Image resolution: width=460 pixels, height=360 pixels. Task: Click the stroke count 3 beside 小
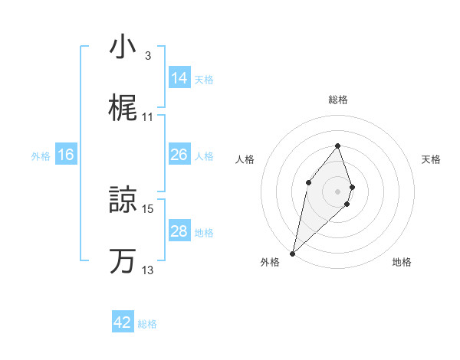(148, 56)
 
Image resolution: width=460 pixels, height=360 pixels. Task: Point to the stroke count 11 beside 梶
(148, 117)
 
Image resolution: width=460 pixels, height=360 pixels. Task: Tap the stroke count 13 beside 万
(148, 270)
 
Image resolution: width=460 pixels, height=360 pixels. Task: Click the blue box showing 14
(179, 78)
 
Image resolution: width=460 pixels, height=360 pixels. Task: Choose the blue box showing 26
(179, 155)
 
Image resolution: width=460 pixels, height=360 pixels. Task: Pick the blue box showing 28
(179, 231)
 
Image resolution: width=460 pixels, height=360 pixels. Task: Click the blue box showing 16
(66, 155)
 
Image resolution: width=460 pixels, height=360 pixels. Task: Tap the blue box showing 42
(123, 322)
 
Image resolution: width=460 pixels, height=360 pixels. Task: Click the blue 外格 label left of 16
(41, 155)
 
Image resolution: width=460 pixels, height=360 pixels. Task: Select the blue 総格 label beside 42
(147, 324)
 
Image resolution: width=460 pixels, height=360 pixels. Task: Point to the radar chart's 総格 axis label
(338, 100)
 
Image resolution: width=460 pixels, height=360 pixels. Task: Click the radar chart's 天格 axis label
(432, 159)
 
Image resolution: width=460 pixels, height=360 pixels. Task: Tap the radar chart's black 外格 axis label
(270, 262)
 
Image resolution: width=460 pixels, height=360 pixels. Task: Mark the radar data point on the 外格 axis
(292, 253)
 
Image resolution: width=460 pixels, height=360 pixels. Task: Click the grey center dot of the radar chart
(338, 191)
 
